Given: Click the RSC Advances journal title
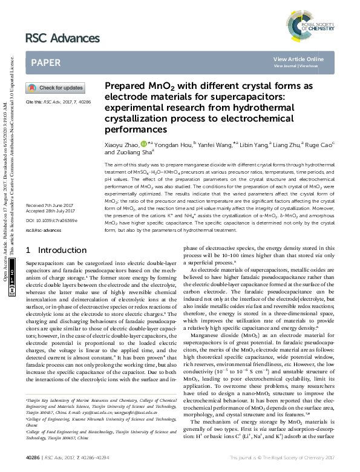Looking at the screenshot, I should [62, 39].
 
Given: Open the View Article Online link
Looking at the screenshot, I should [298, 59].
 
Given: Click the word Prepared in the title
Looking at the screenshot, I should [125, 87].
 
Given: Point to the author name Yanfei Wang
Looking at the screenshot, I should [213, 145].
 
